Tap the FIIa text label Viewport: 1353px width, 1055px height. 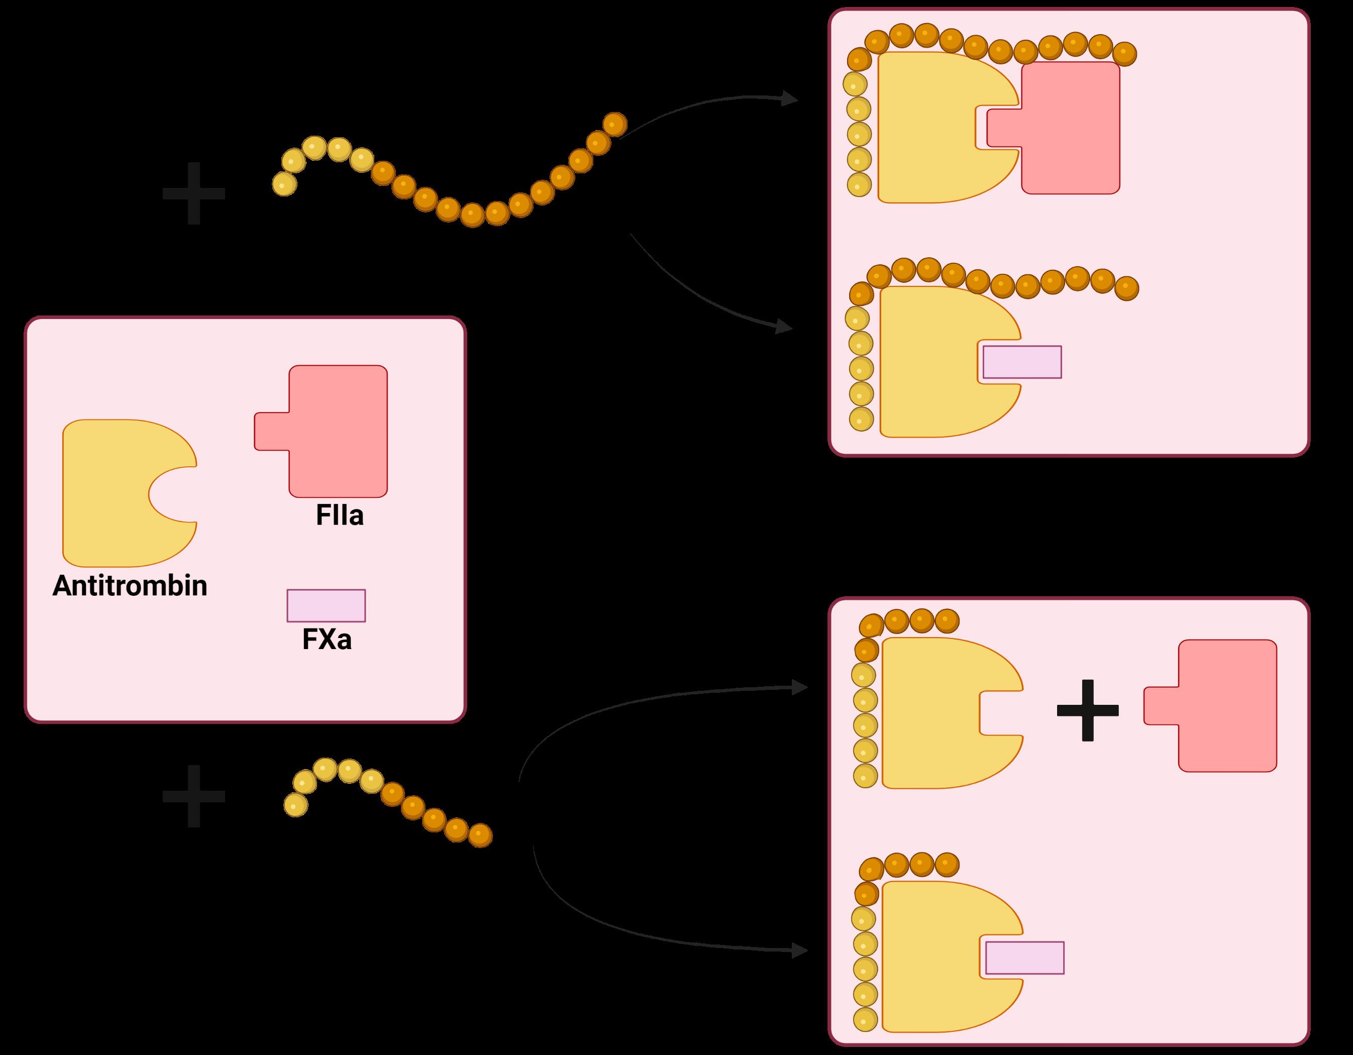coord(340,515)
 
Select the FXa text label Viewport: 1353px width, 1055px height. coord(327,640)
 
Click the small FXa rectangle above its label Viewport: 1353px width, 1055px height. coord(326,605)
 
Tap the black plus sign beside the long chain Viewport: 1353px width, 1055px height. coord(193,193)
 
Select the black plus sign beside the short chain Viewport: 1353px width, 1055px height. coord(193,796)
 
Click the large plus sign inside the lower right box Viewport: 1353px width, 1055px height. coord(1087,710)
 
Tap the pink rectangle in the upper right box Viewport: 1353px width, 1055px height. coord(1022,362)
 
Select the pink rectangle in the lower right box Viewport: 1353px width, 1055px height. coord(1024,958)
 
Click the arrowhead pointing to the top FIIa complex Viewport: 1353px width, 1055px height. coord(789,98)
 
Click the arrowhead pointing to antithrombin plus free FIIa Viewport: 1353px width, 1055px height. coord(800,687)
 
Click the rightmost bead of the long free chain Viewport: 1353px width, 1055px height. coord(614,125)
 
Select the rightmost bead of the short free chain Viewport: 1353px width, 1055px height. coord(480,835)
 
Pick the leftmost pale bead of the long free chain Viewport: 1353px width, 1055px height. coord(284,184)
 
